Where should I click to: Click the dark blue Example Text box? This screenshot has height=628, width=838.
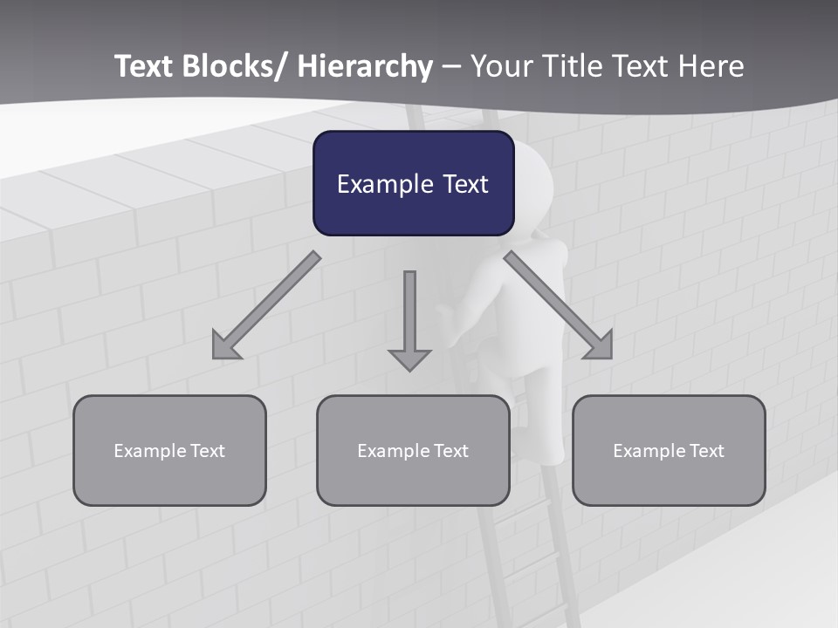(413, 183)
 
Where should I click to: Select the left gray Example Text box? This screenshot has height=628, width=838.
(169, 450)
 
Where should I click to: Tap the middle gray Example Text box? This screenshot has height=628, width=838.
(413, 450)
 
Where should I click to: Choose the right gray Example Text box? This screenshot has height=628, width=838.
(669, 450)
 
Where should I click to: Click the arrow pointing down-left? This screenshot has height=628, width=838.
(266, 305)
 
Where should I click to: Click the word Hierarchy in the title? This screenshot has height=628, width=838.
(365, 66)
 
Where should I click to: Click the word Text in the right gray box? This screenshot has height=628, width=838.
(706, 450)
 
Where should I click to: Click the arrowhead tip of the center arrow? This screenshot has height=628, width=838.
(409, 368)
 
